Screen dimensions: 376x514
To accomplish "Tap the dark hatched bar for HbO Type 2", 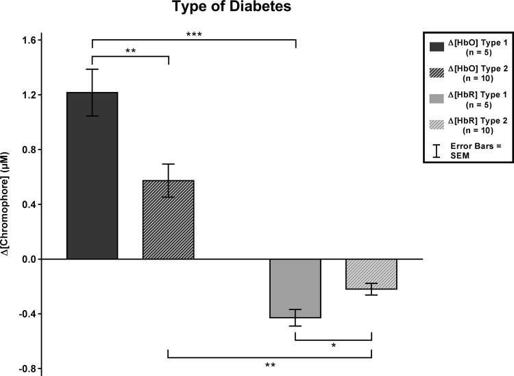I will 169,220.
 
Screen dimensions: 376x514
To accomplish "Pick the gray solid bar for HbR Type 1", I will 295,288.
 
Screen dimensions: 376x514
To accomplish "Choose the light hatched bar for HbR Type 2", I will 371,274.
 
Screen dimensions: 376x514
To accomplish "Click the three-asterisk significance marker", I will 194,34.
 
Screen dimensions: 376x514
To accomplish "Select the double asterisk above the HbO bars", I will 130,51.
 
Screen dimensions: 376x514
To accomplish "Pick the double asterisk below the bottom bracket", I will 270,366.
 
